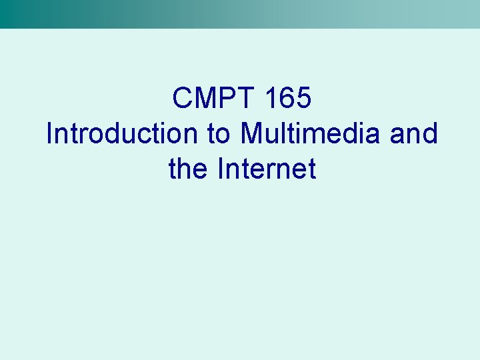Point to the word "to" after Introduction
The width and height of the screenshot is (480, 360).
[x=219, y=134]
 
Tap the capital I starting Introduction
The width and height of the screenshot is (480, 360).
[x=49, y=134]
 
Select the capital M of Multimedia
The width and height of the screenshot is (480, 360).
[x=252, y=134]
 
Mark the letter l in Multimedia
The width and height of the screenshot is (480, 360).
[x=285, y=134]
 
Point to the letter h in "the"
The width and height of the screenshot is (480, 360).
[x=187, y=169]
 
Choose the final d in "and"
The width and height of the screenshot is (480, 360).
[x=430, y=134]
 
